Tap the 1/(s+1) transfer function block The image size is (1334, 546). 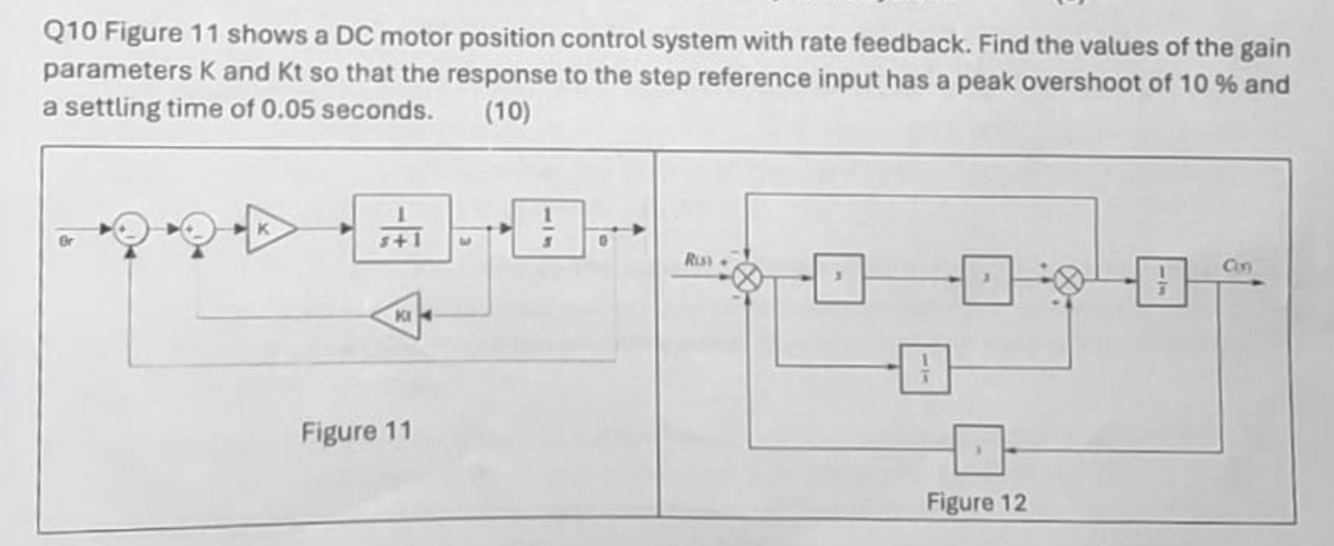[401, 228]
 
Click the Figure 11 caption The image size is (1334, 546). [356, 430]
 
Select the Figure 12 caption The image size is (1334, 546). [976, 502]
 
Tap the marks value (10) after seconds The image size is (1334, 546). [507, 111]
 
